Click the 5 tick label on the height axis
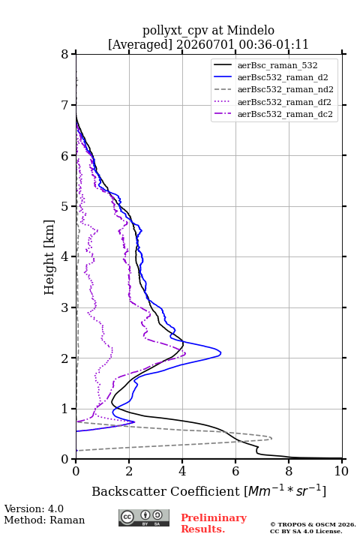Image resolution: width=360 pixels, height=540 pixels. click(64, 206)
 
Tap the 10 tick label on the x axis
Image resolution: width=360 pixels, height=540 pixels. click(341, 471)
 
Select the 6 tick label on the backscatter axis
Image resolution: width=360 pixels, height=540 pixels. click(235, 471)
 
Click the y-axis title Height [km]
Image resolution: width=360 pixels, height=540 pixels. click(49, 257)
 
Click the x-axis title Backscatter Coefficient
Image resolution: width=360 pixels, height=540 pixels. click(165, 491)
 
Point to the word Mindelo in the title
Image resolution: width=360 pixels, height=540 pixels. click(250, 30)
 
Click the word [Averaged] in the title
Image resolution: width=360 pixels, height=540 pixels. click(139, 44)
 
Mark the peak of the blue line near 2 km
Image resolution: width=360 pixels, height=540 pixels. click(220, 353)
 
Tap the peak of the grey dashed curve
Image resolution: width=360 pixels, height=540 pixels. click(271, 438)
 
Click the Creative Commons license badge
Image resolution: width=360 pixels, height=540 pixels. click(144, 517)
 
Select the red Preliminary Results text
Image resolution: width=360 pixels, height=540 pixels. click(214, 523)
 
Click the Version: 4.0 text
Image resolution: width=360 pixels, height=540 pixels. click(34, 508)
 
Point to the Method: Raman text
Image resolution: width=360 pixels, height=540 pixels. click(44, 520)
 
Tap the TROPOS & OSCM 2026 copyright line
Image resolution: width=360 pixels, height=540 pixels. click(313, 524)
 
